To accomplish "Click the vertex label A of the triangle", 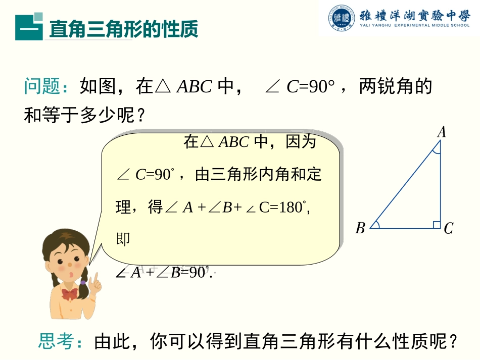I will click(442, 132).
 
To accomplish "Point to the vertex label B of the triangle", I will click(360, 229).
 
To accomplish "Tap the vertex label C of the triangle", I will click(448, 229).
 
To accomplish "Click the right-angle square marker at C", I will click(437, 224).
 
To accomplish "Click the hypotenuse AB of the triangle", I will click(404, 185).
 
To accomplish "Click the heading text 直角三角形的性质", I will click(123, 29).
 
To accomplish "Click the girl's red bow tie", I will click(70, 293).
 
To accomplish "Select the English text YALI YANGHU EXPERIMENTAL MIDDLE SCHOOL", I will click(414, 25).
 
